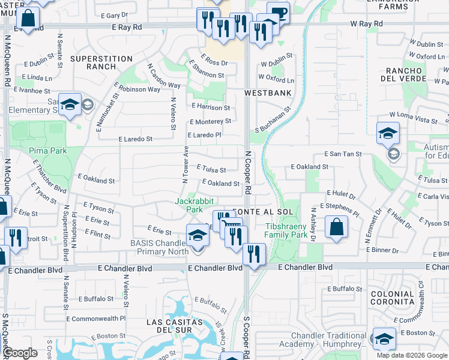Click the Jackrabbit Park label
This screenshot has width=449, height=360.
(194, 205)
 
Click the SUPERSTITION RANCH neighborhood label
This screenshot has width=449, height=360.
(101, 63)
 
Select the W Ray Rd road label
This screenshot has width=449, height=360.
(366, 23)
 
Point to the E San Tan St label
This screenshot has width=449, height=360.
(344, 154)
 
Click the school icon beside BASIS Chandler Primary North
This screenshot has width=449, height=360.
(197, 235)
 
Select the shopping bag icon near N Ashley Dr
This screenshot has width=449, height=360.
(337, 227)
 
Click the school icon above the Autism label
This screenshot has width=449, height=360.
(388, 133)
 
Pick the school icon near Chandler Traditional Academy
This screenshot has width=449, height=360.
(384, 338)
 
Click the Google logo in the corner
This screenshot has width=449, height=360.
(20, 353)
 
